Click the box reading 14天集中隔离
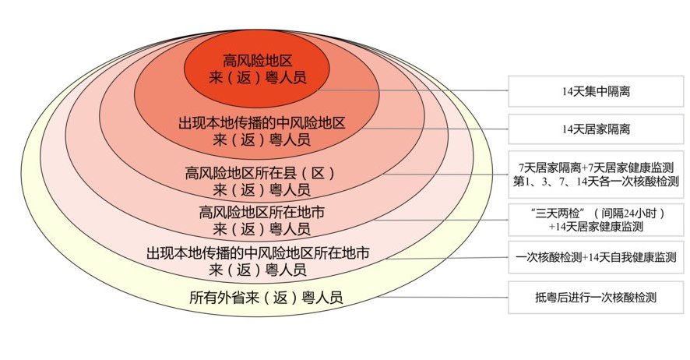596,91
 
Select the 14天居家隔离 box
596,128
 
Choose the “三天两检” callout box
596,219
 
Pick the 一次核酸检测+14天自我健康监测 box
596,257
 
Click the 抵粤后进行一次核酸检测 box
596,297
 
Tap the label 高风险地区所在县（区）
261,171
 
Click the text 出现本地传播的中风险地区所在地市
258,253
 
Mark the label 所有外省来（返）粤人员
266,298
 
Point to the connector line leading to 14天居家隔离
436,128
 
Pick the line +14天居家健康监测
596,227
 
